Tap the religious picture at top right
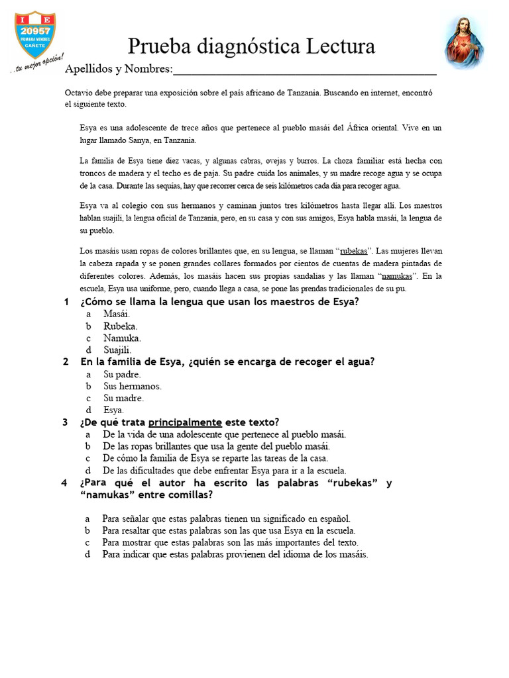click(x=464, y=42)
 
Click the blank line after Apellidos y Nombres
click(x=305, y=70)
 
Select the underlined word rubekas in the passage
click(x=355, y=252)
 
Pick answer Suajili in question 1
click(x=117, y=350)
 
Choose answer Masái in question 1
click(x=117, y=314)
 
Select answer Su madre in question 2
click(x=123, y=399)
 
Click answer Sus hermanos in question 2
click(x=133, y=386)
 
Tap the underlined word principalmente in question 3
click(x=185, y=422)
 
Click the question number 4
click(x=64, y=483)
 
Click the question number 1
click(x=66, y=302)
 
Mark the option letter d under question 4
click(x=87, y=555)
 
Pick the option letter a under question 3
click(x=88, y=434)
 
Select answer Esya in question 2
click(x=113, y=411)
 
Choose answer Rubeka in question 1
click(x=120, y=326)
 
